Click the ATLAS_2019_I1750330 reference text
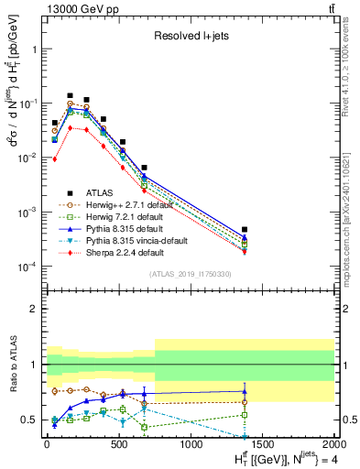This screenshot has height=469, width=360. click(x=190, y=274)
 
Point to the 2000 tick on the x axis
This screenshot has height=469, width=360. click(x=333, y=444)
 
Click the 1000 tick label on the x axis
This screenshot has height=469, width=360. click(x=190, y=444)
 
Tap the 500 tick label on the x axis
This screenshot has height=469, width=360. click(x=118, y=444)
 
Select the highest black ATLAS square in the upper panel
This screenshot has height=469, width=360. click(x=70, y=95)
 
